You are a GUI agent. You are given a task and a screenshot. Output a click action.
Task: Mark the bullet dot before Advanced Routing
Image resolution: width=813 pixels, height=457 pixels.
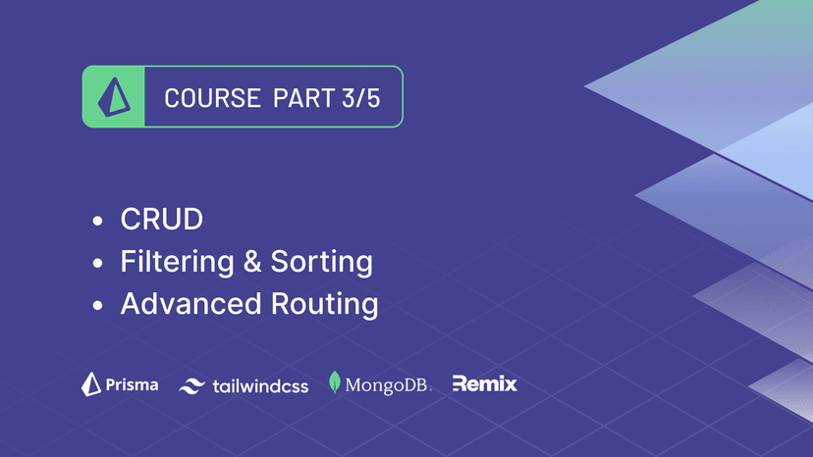97,306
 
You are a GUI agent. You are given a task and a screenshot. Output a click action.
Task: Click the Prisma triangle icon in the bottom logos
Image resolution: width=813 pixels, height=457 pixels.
91,384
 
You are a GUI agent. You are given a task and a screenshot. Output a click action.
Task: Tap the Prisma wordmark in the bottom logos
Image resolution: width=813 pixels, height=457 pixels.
132,385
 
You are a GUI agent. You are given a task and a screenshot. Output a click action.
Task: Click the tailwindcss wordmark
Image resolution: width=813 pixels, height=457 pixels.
260,386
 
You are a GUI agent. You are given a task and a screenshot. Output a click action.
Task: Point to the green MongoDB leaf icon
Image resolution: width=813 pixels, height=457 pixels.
335,383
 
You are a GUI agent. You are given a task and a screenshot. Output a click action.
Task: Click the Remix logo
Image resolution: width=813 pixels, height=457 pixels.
484,384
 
